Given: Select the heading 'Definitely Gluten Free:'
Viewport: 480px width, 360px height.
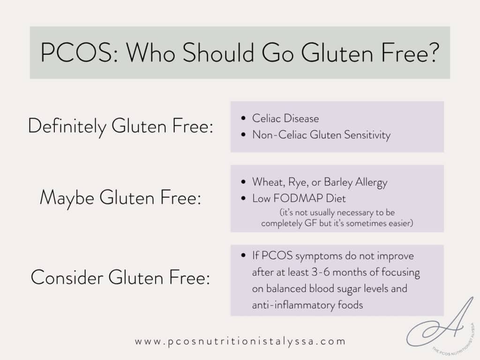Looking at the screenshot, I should point(120,127).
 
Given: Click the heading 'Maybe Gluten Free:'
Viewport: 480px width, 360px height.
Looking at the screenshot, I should point(120,197).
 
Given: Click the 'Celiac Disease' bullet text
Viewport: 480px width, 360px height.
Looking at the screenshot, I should point(285,119).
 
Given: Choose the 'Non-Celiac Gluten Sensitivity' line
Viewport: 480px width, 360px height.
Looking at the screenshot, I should point(321,135).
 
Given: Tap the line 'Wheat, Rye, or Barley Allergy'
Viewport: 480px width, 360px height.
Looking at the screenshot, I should point(320,182).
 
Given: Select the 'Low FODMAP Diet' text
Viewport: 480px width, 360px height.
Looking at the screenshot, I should point(292,198).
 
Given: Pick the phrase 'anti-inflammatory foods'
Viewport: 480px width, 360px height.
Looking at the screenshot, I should point(307,305).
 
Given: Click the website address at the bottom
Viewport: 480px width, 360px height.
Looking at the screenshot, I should point(240,341).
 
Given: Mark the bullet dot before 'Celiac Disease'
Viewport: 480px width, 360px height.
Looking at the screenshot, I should point(243,119).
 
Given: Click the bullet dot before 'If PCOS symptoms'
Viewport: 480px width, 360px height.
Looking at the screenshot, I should point(243,256).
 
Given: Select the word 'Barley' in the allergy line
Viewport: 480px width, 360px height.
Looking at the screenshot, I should point(345,182).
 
